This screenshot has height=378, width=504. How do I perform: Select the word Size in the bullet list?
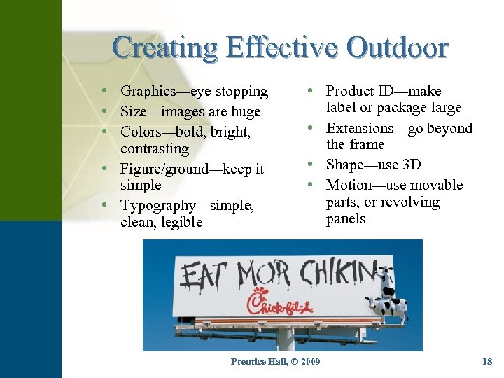coord(134,111)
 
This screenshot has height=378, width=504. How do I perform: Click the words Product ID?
coord(360,91)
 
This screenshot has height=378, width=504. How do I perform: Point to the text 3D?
coord(412,165)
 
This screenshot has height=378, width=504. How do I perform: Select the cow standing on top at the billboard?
coord(386,279)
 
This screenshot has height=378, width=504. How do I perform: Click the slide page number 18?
coord(487,362)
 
